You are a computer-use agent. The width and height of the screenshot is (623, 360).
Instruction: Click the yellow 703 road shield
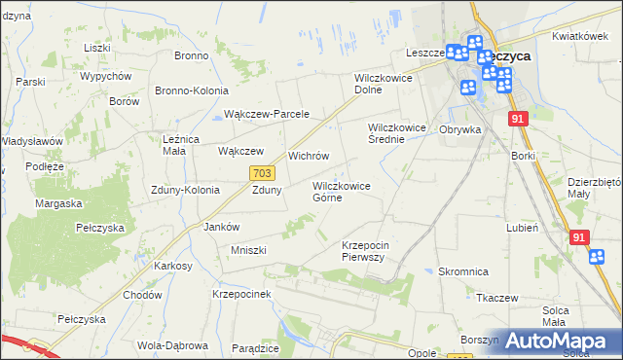(260, 172)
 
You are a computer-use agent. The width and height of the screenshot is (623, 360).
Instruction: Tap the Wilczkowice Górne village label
(340, 191)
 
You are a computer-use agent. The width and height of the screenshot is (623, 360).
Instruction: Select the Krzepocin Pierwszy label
(365, 251)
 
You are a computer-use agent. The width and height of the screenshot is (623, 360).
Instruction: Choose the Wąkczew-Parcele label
(266, 114)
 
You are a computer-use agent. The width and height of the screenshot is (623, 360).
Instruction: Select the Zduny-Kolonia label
(185, 191)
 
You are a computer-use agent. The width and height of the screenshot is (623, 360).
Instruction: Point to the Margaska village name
(58, 204)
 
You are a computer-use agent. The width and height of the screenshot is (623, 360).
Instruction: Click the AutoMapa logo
(564, 341)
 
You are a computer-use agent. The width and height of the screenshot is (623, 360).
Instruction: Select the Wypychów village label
(106, 76)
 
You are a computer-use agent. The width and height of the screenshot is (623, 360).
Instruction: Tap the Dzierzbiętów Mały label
(594, 187)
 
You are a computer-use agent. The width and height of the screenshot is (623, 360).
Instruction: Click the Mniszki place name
(247, 250)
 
